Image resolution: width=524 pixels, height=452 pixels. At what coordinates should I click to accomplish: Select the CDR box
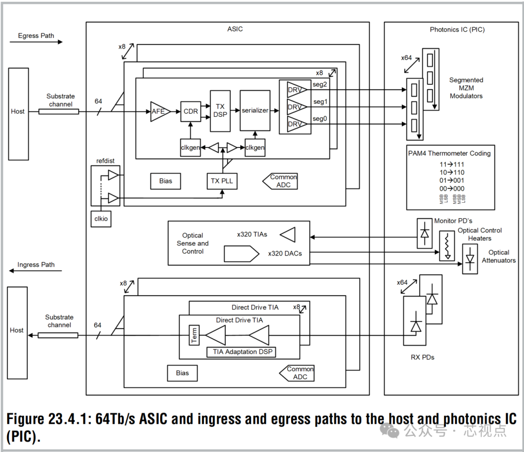(190, 112)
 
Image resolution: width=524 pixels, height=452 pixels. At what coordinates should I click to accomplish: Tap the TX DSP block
(220, 111)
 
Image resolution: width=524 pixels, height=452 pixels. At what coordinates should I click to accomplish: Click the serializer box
(255, 111)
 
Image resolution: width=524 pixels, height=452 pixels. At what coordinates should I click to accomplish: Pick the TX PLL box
(222, 181)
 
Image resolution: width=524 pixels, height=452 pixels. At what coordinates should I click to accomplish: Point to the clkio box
(101, 219)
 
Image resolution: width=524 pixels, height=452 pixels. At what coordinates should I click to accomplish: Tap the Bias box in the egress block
(165, 181)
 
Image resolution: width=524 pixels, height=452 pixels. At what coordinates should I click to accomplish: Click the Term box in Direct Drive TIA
(194, 335)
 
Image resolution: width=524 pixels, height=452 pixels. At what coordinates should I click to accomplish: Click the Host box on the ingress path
(17, 333)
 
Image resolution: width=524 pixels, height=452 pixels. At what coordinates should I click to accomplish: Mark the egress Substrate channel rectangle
(58, 112)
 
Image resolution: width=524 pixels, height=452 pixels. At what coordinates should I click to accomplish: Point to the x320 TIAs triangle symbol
(288, 235)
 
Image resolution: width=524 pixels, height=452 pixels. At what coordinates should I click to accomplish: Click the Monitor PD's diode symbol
(425, 233)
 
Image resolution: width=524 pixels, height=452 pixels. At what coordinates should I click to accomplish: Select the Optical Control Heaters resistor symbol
(447, 246)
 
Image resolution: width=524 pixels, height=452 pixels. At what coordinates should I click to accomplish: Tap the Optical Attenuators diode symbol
(470, 259)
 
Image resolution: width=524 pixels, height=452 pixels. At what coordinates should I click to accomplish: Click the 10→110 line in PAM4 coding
(451, 172)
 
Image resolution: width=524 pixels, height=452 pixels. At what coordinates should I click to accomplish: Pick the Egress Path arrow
(36, 42)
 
